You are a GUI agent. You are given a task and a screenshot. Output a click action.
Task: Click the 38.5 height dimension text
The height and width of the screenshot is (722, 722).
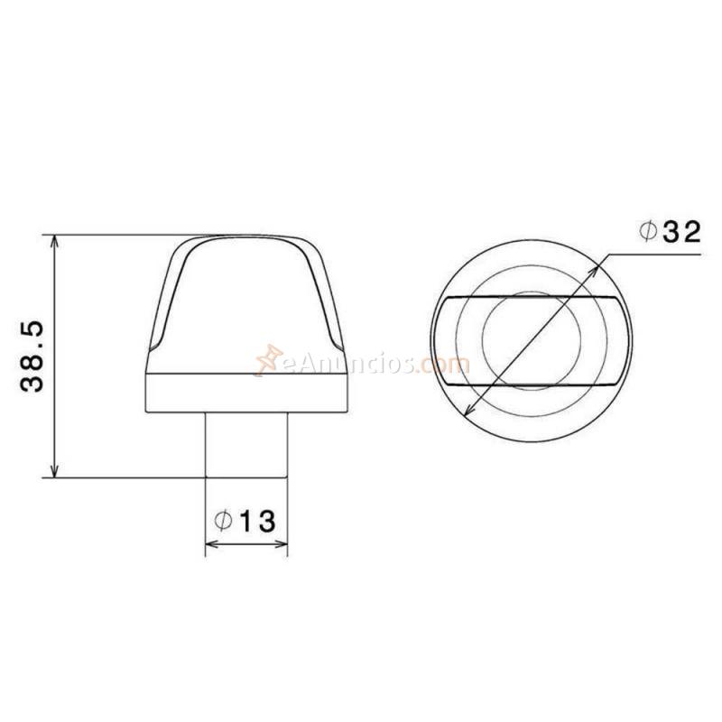(33, 357)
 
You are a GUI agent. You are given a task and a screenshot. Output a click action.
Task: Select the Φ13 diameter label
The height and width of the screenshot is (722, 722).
(245, 521)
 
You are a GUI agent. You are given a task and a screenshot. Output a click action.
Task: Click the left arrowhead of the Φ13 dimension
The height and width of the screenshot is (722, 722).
(211, 544)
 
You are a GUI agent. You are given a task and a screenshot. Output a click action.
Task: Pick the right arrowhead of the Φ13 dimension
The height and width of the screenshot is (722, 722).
(282, 544)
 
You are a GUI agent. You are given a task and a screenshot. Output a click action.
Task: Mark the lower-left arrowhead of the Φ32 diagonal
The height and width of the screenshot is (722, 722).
(467, 412)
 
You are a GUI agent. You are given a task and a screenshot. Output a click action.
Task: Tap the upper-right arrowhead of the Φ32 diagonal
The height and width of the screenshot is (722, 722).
(602, 262)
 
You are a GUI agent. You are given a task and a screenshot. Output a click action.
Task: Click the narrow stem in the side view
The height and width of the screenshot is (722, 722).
(246, 444)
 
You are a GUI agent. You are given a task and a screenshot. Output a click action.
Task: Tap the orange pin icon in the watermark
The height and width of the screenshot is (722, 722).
(268, 359)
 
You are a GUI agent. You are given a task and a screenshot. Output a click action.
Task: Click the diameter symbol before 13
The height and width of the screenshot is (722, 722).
(224, 521)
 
